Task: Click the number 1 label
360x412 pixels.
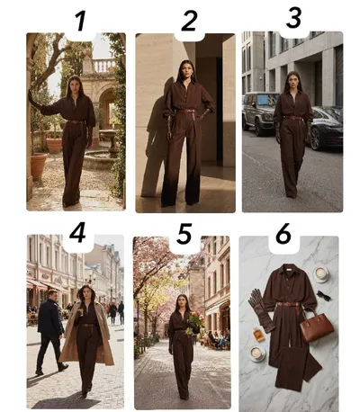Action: click(x=81, y=21)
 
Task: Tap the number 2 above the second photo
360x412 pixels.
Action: click(x=190, y=21)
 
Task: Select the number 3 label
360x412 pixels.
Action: click(x=293, y=18)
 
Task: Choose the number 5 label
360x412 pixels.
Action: click(x=184, y=234)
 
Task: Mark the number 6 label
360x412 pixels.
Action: click(x=283, y=233)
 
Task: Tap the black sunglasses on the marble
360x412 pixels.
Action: click(x=323, y=296)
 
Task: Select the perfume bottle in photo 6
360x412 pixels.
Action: click(x=258, y=335)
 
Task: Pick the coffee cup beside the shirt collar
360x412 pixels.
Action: click(x=321, y=273)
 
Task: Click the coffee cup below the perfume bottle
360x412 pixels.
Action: click(x=256, y=354)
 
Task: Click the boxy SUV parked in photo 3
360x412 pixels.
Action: click(x=260, y=112)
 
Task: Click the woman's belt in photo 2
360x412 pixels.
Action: click(x=187, y=112)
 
